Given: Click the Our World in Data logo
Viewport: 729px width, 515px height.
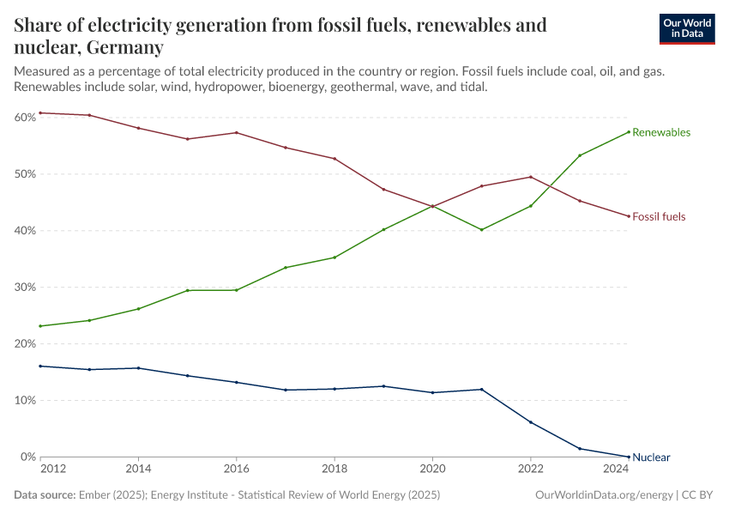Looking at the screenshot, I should point(686,28).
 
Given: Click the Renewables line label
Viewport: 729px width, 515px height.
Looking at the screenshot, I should point(660,133).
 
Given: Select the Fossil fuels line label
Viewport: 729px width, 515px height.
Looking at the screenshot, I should point(659,217).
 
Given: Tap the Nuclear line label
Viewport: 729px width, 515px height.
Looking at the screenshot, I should point(651,457).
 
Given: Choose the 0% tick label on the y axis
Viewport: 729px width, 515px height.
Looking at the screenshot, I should point(27,457).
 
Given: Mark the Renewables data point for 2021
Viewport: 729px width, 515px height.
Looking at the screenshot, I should point(482,230).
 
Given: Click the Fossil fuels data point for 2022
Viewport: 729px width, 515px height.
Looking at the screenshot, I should point(531,177).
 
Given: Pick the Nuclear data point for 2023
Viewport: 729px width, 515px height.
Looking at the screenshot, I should point(580,448).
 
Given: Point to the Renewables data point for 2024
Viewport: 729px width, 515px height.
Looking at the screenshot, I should point(629,131).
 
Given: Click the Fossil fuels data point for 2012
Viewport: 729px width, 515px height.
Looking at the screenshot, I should point(40,113).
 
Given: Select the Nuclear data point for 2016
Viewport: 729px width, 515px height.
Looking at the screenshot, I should point(237,382).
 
